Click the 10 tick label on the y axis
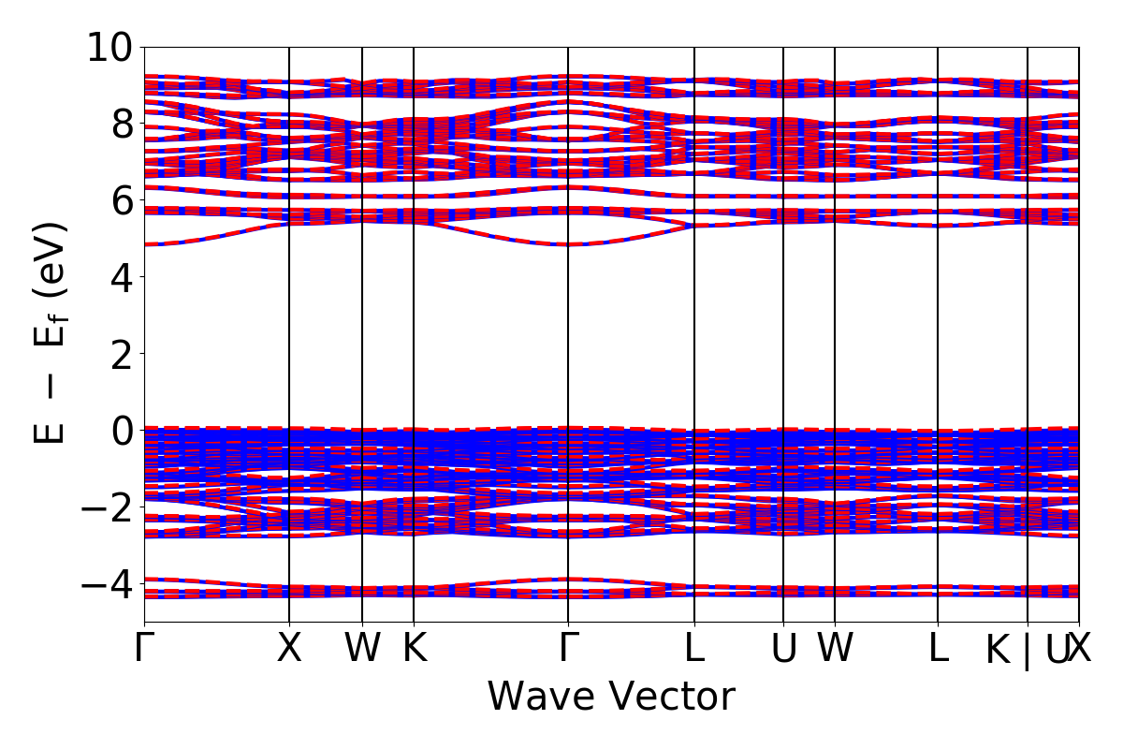click(110, 47)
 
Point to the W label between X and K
click(362, 648)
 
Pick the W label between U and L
click(835, 648)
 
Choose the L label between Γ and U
click(694, 648)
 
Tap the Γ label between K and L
click(568, 648)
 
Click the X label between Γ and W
click(289, 648)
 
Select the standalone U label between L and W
click(783, 648)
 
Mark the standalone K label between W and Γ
click(414, 648)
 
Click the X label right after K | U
click(1081, 648)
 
